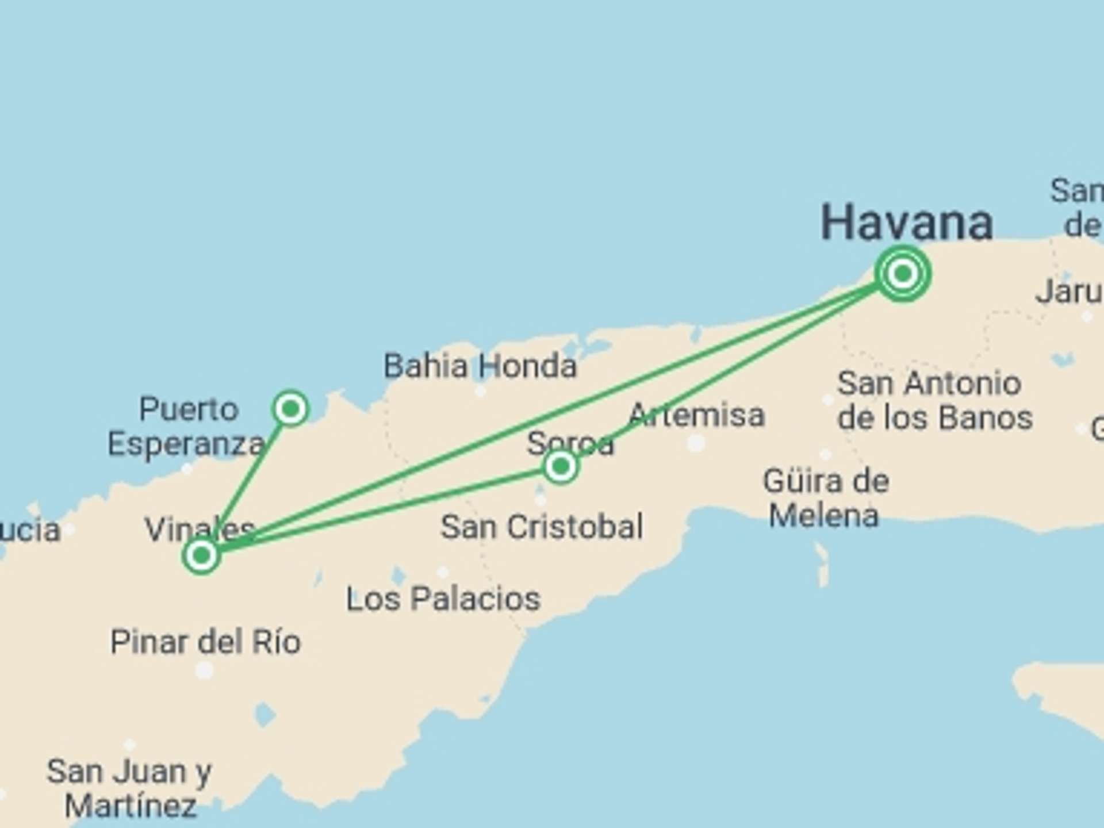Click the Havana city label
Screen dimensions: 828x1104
click(x=906, y=223)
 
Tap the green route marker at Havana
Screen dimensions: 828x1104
click(x=902, y=273)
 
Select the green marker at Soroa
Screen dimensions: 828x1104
click(x=561, y=466)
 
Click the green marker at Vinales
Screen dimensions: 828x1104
click(x=201, y=555)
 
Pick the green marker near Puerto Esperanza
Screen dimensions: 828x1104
click(x=290, y=409)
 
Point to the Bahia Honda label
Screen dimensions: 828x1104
click(x=480, y=366)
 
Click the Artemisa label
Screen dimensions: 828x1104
click(x=696, y=415)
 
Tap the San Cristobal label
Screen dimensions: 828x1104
click(x=542, y=527)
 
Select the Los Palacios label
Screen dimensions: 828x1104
click(x=443, y=599)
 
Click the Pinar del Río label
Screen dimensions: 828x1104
click(x=205, y=642)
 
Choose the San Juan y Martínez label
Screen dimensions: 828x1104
click(x=130, y=788)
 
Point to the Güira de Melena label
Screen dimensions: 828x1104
click(x=825, y=498)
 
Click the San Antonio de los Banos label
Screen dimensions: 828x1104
click(x=934, y=400)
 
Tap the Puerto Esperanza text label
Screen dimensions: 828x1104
click(x=186, y=427)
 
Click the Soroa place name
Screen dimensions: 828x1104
click(x=570, y=443)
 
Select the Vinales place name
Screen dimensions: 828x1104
click(x=199, y=528)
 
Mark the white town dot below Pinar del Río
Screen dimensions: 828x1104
click(x=204, y=670)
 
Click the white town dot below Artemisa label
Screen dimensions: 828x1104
click(x=696, y=443)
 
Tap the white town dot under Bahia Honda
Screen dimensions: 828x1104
click(x=480, y=392)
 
